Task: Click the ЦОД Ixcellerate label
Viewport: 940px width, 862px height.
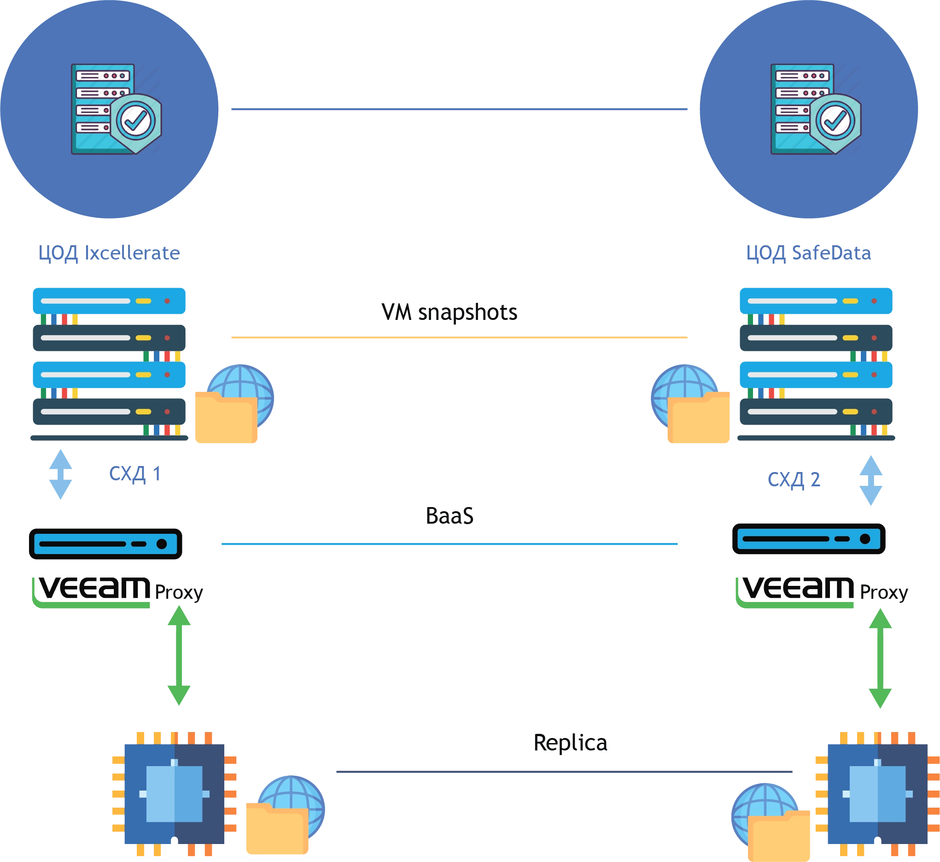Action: click(x=109, y=253)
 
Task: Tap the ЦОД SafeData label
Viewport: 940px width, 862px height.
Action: click(x=808, y=253)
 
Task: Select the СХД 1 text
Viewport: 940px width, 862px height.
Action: click(x=135, y=474)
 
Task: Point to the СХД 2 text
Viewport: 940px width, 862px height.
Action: click(x=794, y=480)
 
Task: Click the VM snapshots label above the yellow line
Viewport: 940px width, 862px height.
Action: click(x=449, y=312)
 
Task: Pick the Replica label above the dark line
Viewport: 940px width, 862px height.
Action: click(x=570, y=743)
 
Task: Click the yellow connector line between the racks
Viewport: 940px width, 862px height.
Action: click(x=458, y=337)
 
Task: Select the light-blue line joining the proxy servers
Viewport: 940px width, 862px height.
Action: click(x=449, y=544)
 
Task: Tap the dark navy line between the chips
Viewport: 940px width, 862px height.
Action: click(x=565, y=773)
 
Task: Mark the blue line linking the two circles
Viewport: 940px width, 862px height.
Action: click(x=458, y=109)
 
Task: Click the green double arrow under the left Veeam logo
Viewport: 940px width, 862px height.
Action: click(x=179, y=655)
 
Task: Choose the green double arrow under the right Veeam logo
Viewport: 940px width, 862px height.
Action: click(x=880, y=658)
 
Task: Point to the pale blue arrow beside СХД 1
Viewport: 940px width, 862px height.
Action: click(x=61, y=474)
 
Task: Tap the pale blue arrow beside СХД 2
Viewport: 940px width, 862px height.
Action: click(x=871, y=481)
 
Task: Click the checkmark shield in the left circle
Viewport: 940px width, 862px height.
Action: click(x=136, y=122)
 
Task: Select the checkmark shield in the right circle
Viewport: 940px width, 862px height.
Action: click(x=835, y=122)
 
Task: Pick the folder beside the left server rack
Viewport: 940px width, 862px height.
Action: click(x=226, y=418)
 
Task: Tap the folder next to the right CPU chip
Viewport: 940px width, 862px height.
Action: click(x=779, y=835)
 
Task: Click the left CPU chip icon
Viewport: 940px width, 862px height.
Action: click(x=175, y=793)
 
